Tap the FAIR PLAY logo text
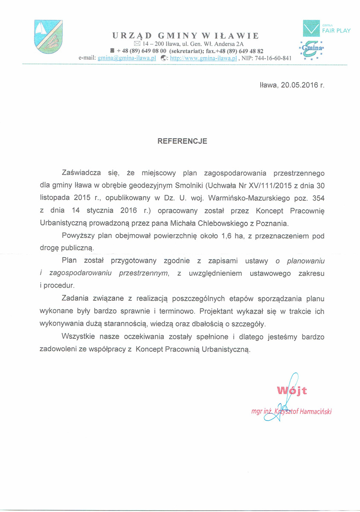click(x=336, y=31)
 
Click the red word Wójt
click(x=292, y=390)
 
